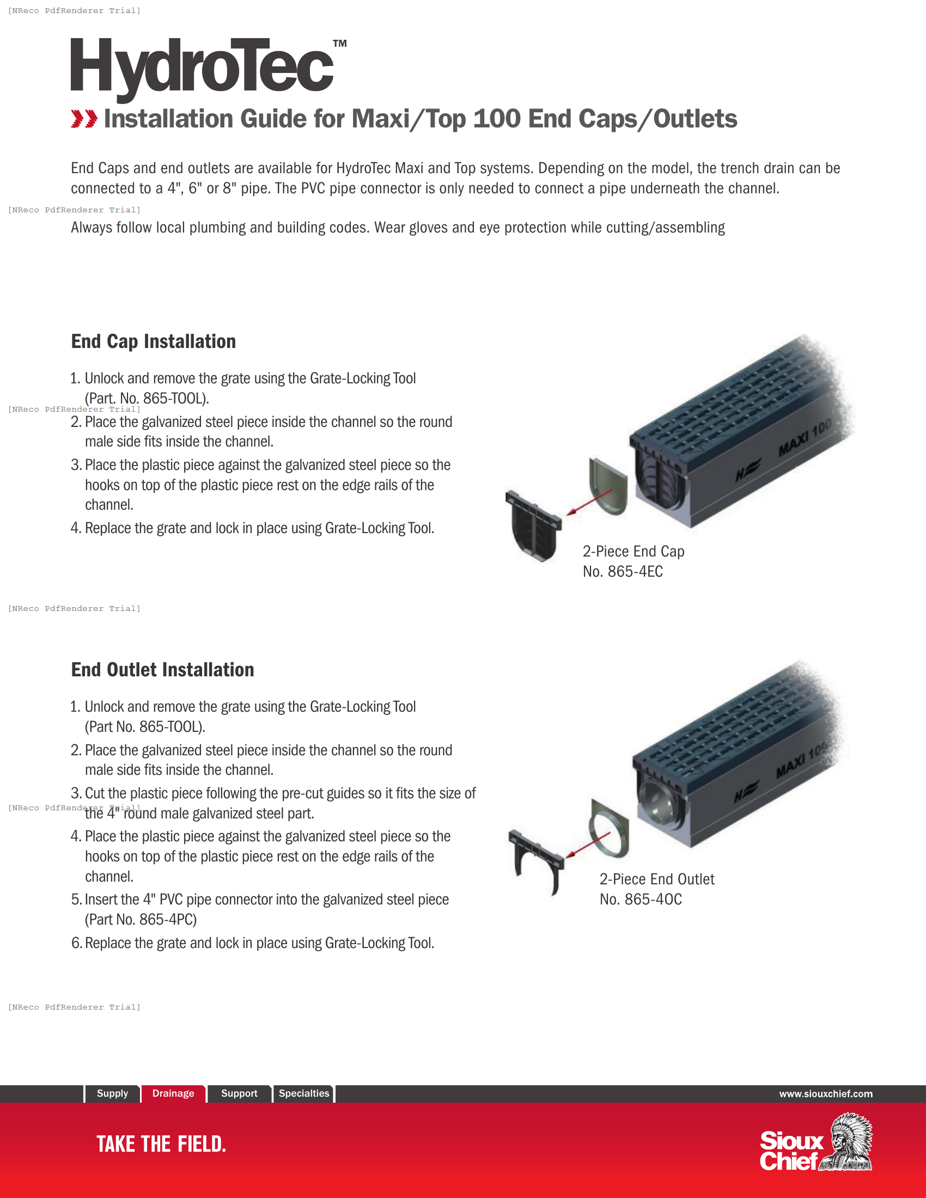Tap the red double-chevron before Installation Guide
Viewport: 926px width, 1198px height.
point(84,119)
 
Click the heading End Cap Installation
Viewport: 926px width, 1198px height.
point(153,341)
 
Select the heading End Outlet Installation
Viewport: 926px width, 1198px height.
point(162,670)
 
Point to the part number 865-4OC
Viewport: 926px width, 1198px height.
point(653,900)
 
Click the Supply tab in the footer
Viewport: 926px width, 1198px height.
point(112,1093)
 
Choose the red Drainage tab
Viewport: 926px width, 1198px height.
point(173,1093)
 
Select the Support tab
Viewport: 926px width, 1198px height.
point(239,1093)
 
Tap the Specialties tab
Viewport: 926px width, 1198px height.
point(303,1093)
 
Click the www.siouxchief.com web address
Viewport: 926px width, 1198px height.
point(826,1094)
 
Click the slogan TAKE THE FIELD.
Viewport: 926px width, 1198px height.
point(161,1144)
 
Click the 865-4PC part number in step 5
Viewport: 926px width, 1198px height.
point(167,920)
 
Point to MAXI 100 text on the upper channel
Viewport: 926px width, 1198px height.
point(805,438)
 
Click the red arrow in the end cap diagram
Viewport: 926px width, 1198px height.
point(589,503)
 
